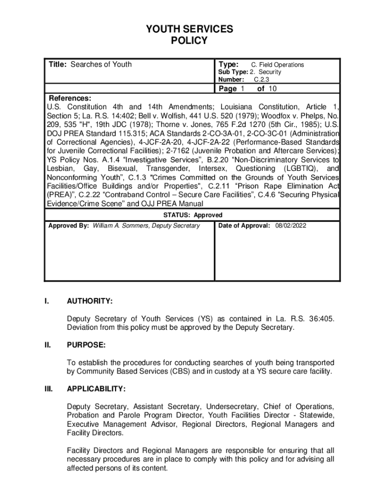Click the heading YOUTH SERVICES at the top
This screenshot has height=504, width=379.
pyautogui.click(x=189, y=30)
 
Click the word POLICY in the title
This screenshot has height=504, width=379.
pyautogui.click(x=189, y=41)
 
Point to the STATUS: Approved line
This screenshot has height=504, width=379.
pyautogui.click(x=192, y=215)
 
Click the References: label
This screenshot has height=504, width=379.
pyautogui.click(x=69, y=98)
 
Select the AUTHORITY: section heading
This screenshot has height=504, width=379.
pyautogui.click(x=90, y=301)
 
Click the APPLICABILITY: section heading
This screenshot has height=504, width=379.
pyautogui.click(x=96, y=389)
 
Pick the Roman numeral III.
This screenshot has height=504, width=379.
pyautogui.click(x=48, y=389)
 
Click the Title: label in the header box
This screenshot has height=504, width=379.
pyautogui.click(x=58, y=64)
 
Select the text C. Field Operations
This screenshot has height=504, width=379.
pyautogui.click(x=278, y=65)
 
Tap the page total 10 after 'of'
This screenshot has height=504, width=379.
pyautogui.click(x=273, y=89)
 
